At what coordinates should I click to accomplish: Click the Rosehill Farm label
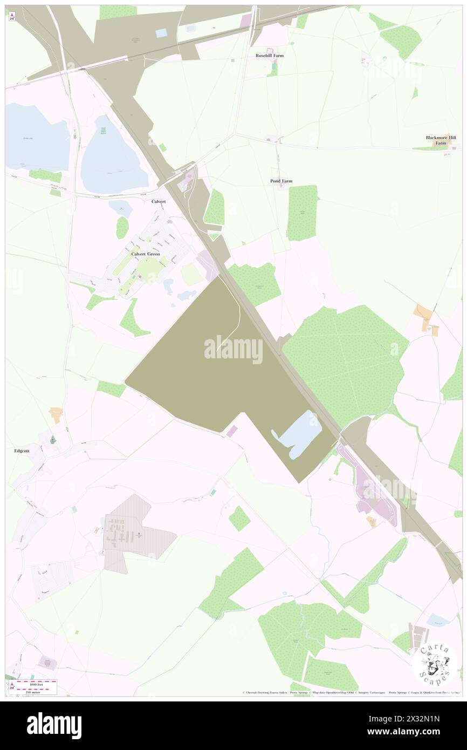tap(270, 56)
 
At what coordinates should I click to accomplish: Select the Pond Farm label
tap(281, 181)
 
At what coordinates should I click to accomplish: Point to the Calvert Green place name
tap(146, 254)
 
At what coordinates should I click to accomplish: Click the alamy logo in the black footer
tap(54, 725)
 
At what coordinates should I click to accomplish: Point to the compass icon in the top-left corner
tap(12, 17)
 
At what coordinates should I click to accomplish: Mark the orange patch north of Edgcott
tap(56, 414)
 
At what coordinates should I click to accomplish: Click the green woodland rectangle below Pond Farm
tap(302, 213)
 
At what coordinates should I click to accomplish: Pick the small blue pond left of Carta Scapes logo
tap(437, 621)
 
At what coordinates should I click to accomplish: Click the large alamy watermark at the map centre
tap(233, 350)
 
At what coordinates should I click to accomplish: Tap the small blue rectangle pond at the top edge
tap(161, 33)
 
